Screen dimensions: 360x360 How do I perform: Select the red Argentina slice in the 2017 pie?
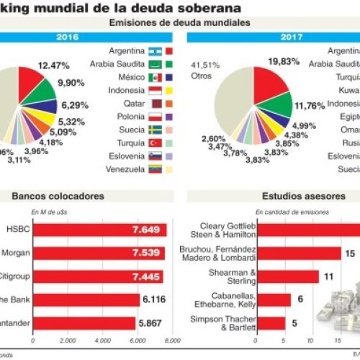click(x=263, y=84)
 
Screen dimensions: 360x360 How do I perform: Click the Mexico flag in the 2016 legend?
click(x=156, y=78)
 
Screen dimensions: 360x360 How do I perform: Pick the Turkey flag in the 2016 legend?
click(x=156, y=143)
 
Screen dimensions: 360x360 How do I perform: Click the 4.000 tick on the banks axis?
click(x=102, y=341)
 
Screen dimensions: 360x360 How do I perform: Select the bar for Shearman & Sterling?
click(x=287, y=276)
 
